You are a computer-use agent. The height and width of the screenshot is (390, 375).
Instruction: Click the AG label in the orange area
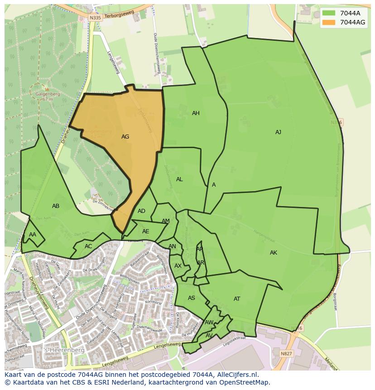[x=125, y=136]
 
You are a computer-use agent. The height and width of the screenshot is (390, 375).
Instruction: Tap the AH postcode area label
[x=196, y=113]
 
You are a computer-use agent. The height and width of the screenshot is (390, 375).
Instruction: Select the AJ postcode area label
[x=278, y=132]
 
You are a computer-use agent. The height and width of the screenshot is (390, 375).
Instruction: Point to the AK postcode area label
[x=274, y=253]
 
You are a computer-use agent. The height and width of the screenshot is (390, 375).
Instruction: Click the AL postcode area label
[x=179, y=179]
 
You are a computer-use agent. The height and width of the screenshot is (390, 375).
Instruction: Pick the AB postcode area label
[x=56, y=206]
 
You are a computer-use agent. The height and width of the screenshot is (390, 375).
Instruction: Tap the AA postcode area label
[x=33, y=235]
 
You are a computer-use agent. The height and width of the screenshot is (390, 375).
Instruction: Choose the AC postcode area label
[x=88, y=246]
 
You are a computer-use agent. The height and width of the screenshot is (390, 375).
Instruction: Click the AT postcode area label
[x=237, y=299]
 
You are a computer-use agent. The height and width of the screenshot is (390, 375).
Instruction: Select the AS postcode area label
[x=192, y=298]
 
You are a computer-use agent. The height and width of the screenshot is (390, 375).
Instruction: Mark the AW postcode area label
[x=209, y=323]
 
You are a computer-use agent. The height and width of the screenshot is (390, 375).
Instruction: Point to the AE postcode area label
[x=145, y=231]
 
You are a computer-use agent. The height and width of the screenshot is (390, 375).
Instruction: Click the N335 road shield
[x=95, y=17]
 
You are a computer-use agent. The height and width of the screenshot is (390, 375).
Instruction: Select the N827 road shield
[x=286, y=353]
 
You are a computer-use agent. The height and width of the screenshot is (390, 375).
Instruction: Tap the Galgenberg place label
[x=47, y=94]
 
